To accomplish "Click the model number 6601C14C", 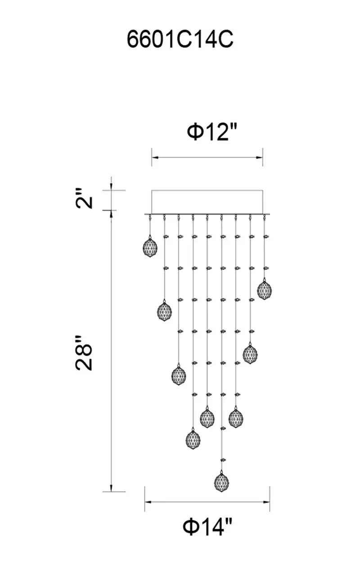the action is click(180, 40).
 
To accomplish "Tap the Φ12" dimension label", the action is click(208, 132).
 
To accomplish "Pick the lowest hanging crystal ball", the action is click(221, 481).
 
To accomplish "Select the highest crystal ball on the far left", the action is click(150, 247).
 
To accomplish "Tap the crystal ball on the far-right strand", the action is click(265, 289).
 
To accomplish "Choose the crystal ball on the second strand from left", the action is click(164, 310).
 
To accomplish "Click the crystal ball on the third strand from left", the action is click(179, 375).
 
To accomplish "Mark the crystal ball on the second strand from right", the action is click(250, 353).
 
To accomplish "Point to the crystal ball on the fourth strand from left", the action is click(193, 439).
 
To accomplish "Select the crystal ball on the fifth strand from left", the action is click(207, 417).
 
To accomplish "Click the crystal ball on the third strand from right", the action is click(236, 417).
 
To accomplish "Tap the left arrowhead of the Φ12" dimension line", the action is click(155, 157).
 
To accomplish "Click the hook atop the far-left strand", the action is click(150, 218).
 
